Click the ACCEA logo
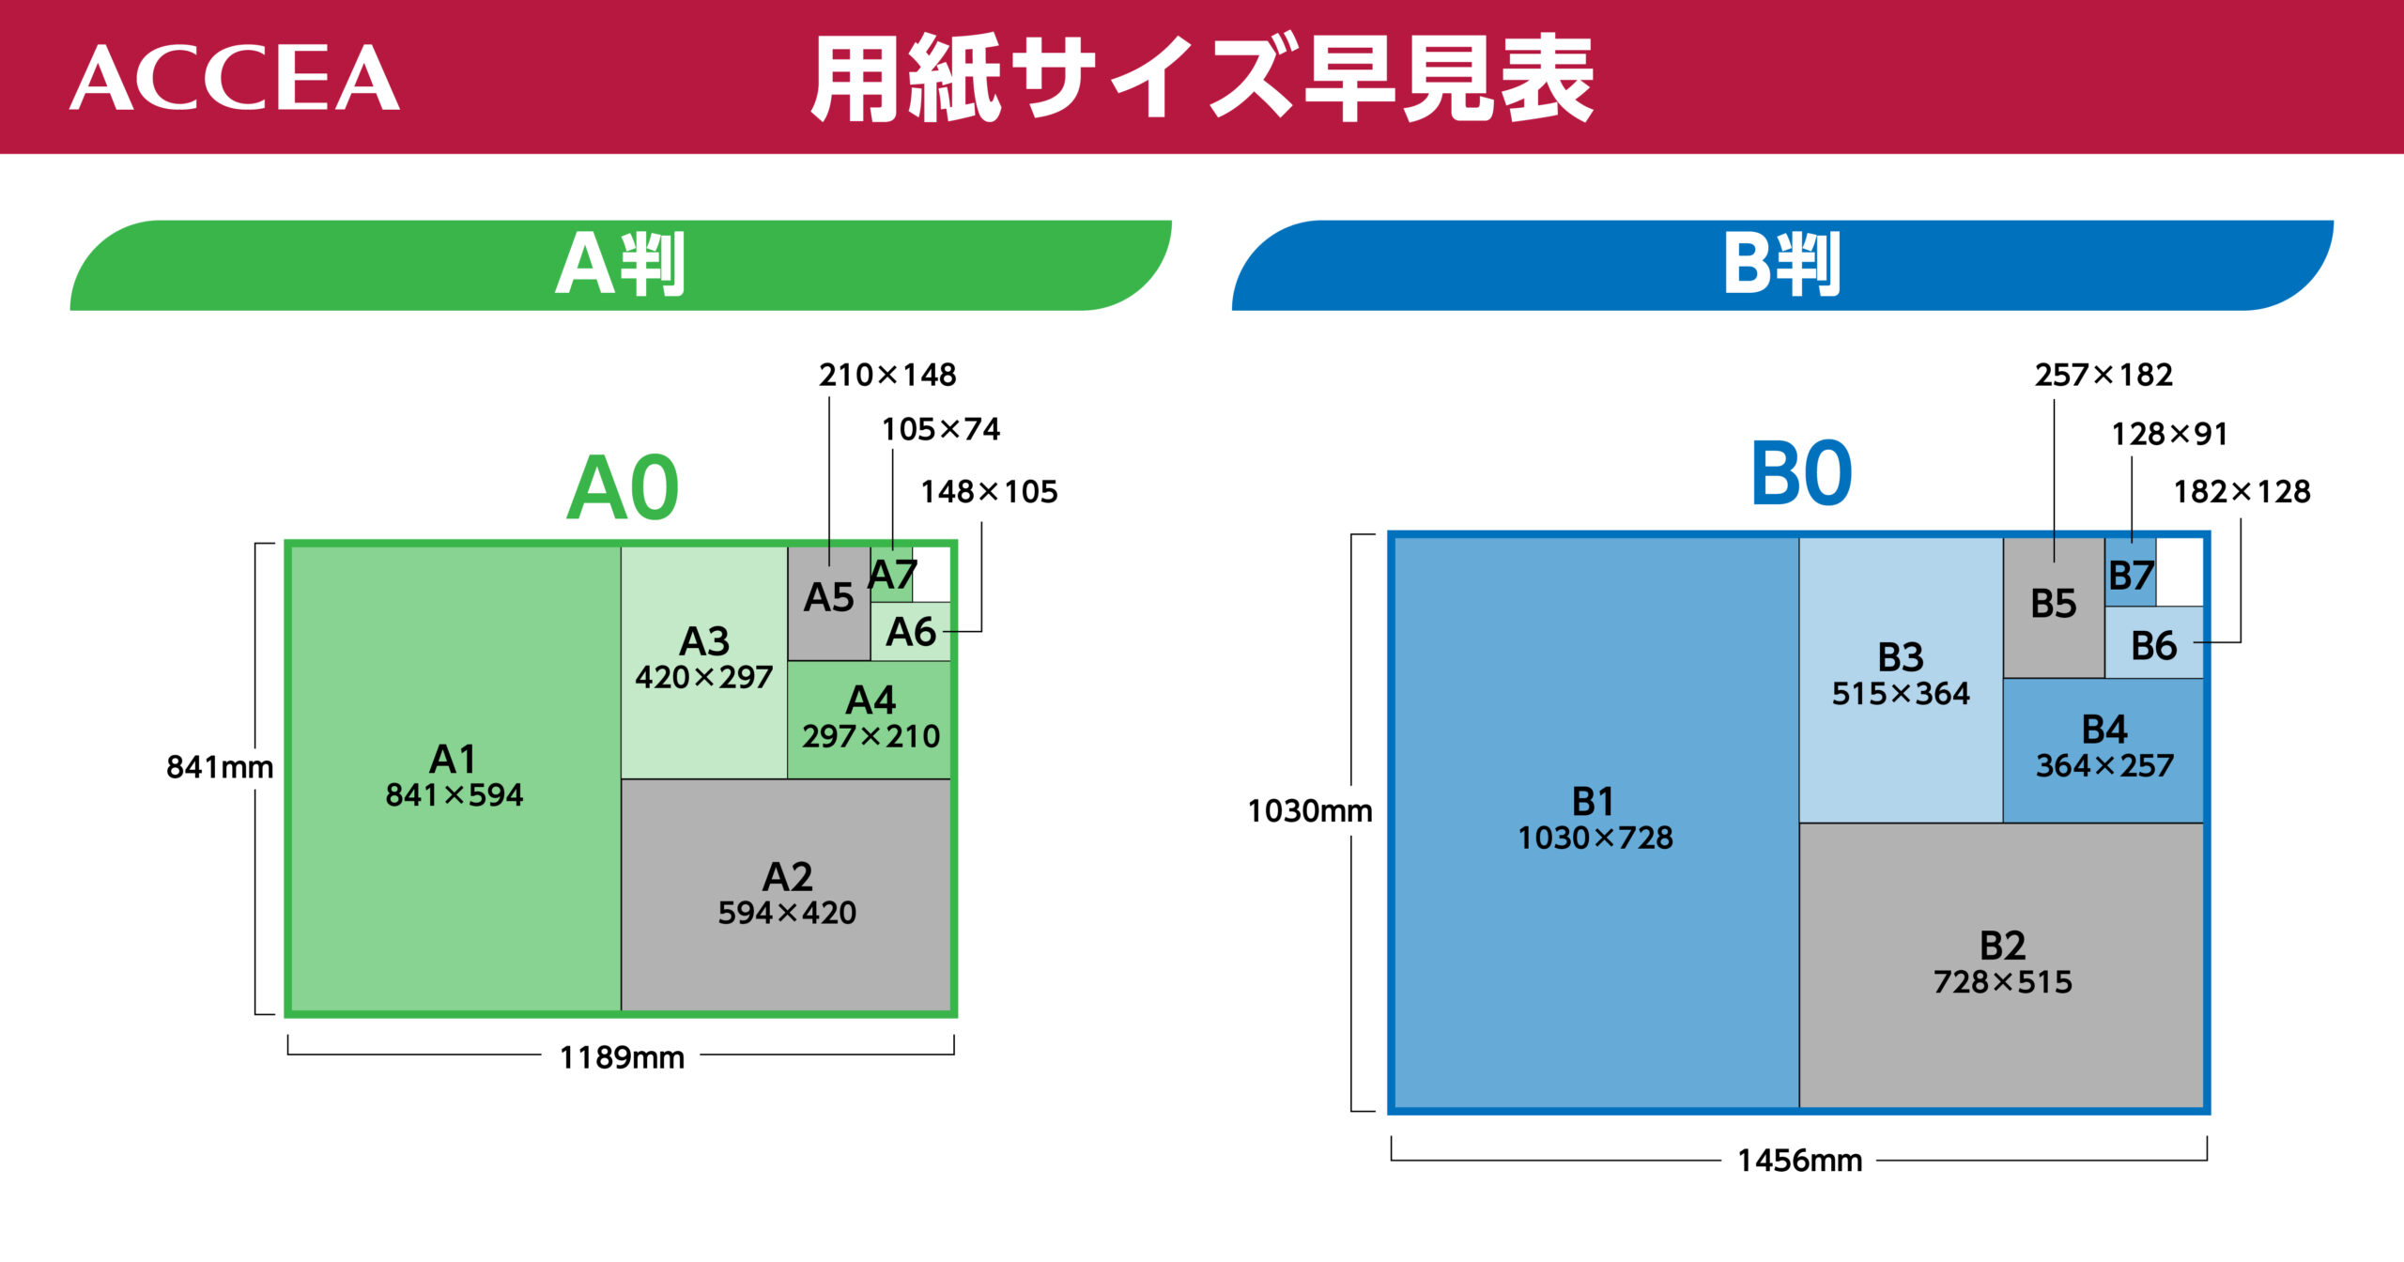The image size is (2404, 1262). pyautogui.click(x=235, y=79)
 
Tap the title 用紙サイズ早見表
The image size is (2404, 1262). pyautogui.click(x=1202, y=79)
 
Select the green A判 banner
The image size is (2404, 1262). pyautogui.click(x=620, y=265)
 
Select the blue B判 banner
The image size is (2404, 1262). pyautogui.click(x=1781, y=265)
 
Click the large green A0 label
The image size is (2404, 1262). pyautogui.click(x=623, y=488)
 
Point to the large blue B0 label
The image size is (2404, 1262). pyautogui.click(x=1801, y=474)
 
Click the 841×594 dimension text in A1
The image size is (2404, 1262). pyautogui.click(x=454, y=795)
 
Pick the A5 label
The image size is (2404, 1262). pyautogui.click(x=828, y=598)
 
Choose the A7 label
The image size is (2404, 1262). pyautogui.click(x=891, y=575)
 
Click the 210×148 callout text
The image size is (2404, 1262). pyautogui.click(x=887, y=376)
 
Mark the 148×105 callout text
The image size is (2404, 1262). pyautogui.click(x=989, y=492)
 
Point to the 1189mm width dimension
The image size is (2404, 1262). pyautogui.click(x=622, y=1058)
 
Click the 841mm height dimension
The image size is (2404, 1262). pyautogui.click(x=220, y=767)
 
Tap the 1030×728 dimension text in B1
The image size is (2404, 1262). pyautogui.click(x=1595, y=838)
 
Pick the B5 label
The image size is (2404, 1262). pyautogui.click(x=2053, y=604)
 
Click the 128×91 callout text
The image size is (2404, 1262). pyautogui.click(x=2169, y=434)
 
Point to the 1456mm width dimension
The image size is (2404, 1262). pyautogui.click(x=1799, y=1161)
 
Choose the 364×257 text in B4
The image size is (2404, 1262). pyautogui.click(x=2104, y=766)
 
